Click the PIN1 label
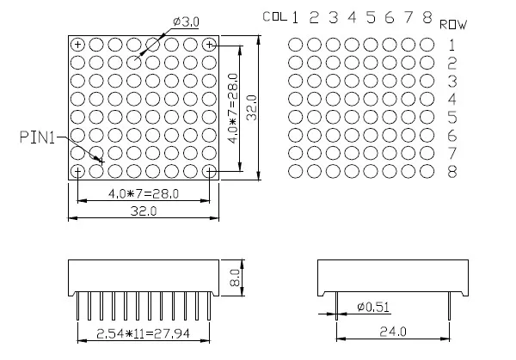click(36, 136)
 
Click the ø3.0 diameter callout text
click(187, 21)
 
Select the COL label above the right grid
click(275, 16)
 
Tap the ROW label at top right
click(453, 25)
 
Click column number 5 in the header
click(370, 17)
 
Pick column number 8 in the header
click(427, 17)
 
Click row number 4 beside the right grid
click(452, 99)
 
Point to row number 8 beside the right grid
click(452, 172)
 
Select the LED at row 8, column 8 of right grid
click(427, 171)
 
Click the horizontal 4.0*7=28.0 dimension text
click(144, 193)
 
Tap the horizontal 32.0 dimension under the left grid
click(144, 211)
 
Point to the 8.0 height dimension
click(235, 277)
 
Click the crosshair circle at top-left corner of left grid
click(78, 45)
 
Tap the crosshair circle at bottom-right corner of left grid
click(210, 171)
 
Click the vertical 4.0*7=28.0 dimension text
click(230, 107)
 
